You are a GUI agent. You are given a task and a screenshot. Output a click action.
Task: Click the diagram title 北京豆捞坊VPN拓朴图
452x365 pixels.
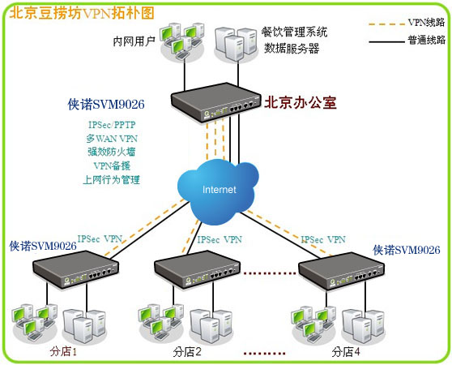click(82, 13)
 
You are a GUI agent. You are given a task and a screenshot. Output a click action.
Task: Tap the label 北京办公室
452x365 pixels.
click(300, 103)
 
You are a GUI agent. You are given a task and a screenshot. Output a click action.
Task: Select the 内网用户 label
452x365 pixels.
click(134, 41)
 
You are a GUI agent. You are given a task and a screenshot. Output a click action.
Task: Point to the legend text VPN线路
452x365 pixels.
click(426, 22)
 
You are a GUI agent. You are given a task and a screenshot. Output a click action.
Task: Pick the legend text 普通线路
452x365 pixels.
click(426, 40)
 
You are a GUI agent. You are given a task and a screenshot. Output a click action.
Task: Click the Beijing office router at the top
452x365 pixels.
click(215, 101)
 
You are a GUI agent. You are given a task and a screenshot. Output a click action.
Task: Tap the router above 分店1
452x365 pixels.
click(75, 269)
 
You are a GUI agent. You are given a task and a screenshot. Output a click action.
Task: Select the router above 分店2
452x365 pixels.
click(197, 269)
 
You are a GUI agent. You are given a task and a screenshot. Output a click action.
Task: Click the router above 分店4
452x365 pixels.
click(341, 270)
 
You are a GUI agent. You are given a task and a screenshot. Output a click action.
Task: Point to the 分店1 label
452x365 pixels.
click(63, 351)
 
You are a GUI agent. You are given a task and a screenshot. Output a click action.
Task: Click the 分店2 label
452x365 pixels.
click(187, 352)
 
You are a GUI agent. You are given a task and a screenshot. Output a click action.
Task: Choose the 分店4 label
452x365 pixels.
click(346, 352)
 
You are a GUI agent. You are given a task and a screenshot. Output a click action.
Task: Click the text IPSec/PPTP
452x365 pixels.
click(112, 125)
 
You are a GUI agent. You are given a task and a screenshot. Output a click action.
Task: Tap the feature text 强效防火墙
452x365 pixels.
click(112, 152)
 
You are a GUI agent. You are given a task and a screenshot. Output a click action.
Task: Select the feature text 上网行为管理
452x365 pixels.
click(111, 180)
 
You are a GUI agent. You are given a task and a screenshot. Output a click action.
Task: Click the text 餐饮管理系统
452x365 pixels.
click(294, 32)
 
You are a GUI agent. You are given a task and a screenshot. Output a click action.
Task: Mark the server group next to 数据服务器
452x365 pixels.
click(237, 44)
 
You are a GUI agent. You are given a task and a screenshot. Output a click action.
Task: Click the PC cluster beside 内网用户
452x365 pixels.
click(182, 41)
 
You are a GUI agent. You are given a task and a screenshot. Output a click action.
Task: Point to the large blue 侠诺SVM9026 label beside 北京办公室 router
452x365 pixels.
click(106, 104)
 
